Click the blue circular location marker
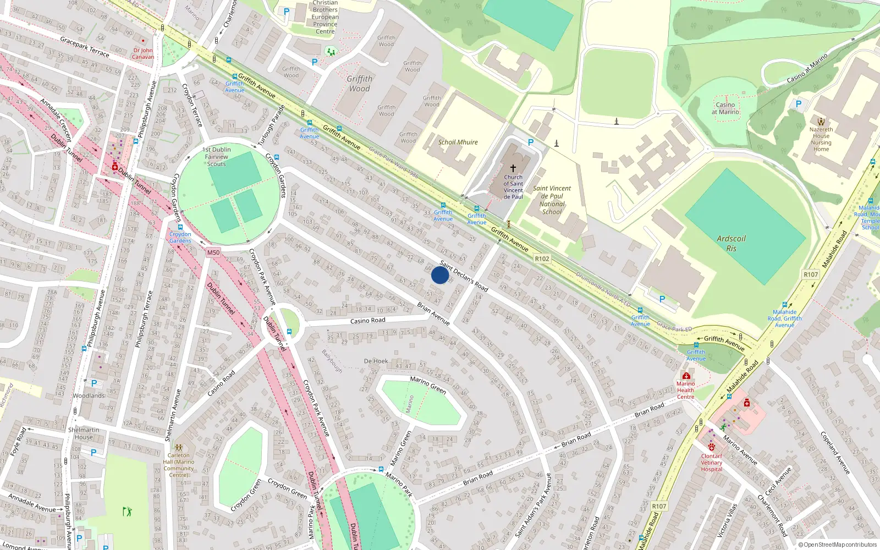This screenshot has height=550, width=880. click(x=439, y=275)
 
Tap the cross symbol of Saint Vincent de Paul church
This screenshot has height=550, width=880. click(x=513, y=168)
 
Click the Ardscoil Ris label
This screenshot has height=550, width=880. click(x=731, y=243)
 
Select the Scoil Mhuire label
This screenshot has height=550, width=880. click(x=458, y=142)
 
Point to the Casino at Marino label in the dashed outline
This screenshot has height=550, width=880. click(x=725, y=108)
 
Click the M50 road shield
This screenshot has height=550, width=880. click(x=213, y=252)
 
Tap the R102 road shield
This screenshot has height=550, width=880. click(x=542, y=258)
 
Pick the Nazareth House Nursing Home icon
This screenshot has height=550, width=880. click(x=821, y=122)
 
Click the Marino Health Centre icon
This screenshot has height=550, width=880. click(x=686, y=376)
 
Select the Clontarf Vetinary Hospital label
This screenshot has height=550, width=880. click(x=712, y=463)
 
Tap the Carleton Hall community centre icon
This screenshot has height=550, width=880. click(x=178, y=448)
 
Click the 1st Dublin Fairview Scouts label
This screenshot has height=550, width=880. click(x=217, y=157)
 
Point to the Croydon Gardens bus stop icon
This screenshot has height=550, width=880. click(x=180, y=227)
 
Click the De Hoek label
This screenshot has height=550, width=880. click(x=376, y=361)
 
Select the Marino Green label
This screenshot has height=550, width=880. click(x=428, y=384)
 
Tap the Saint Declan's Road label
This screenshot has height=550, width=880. click(x=464, y=276)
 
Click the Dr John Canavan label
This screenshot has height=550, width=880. click(x=143, y=53)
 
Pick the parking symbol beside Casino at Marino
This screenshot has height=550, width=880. click(x=799, y=103)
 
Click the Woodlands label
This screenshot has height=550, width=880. click(x=89, y=395)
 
